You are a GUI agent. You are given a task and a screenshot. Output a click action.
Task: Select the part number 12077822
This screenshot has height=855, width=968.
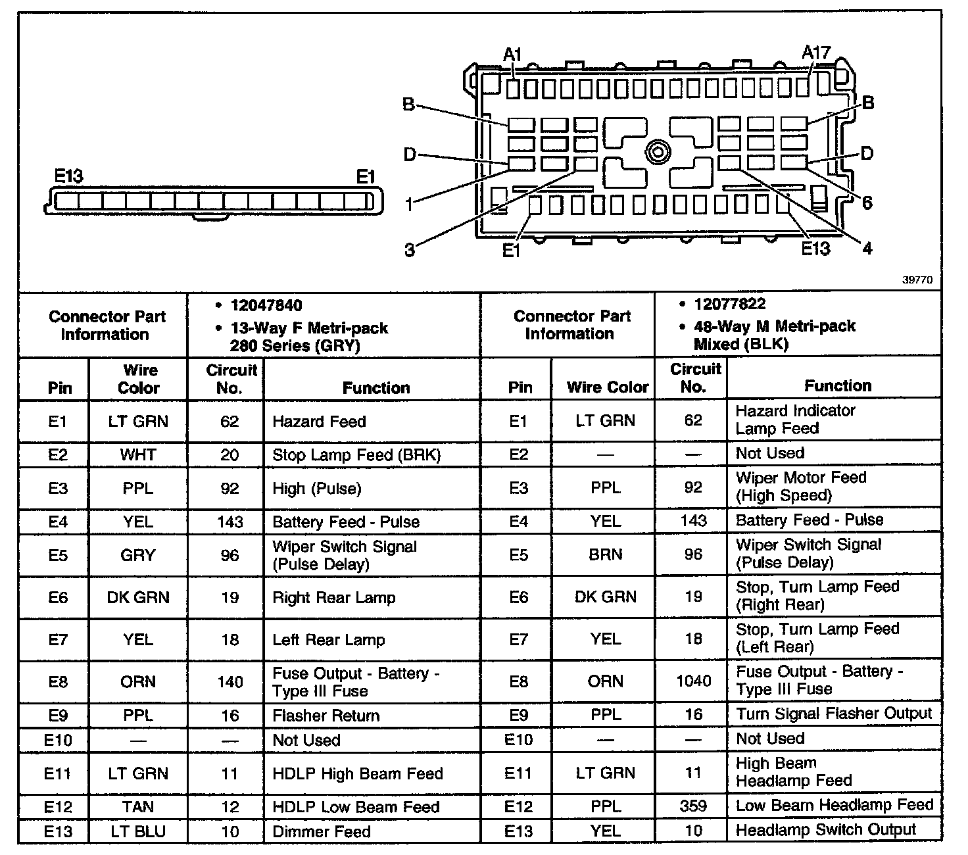pyautogui.click(x=729, y=304)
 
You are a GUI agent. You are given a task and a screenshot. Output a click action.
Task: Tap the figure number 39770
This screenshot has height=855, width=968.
pyautogui.click(x=917, y=280)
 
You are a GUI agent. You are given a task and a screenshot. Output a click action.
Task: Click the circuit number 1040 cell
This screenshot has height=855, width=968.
pyautogui.click(x=693, y=681)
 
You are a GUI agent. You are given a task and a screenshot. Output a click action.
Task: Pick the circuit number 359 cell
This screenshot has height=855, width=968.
pyautogui.click(x=693, y=806)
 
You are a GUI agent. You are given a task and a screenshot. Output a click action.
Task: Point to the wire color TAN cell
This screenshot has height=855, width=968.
pyautogui.click(x=137, y=807)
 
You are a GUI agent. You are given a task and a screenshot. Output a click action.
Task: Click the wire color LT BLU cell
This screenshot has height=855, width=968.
pyautogui.click(x=137, y=831)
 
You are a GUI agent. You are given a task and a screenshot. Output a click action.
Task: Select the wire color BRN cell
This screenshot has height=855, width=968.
pyautogui.click(x=605, y=554)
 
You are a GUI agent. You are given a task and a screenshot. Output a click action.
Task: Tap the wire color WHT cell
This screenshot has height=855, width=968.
pyautogui.click(x=137, y=455)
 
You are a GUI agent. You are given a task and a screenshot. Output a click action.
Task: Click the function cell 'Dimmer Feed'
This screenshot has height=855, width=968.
pyautogui.click(x=322, y=831)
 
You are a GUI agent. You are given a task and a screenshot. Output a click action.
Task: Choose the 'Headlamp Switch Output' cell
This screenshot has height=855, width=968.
pyautogui.click(x=825, y=830)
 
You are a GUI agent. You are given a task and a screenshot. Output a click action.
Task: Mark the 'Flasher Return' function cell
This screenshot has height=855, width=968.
pyautogui.click(x=326, y=716)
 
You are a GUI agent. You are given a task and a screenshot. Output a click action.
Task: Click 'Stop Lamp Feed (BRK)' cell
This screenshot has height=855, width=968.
pyautogui.click(x=356, y=455)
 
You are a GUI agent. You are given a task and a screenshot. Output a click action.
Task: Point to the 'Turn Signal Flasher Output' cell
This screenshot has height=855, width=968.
pyautogui.click(x=833, y=714)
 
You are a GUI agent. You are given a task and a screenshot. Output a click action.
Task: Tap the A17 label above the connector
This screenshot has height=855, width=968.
pyautogui.click(x=816, y=53)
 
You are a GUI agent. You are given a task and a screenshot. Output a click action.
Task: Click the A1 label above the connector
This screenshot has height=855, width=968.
pyautogui.click(x=512, y=55)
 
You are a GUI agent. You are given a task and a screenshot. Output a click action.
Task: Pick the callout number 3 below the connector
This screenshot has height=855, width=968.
pyautogui.click(x=409, y=250)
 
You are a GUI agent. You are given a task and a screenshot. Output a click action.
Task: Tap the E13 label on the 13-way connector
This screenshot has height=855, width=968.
pyautogui.click(x=68, y=176)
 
